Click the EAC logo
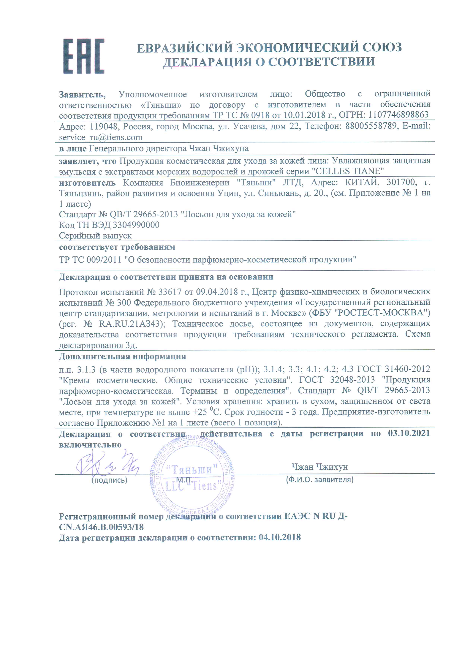tap(84, 56)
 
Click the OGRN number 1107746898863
tap(398, 115)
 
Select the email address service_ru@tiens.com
tap(101, 137)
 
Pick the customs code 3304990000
tap(136, 225)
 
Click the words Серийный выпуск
tap(95, 236)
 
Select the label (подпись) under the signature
tap(109, 480)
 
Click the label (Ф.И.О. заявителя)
tap(319, 479)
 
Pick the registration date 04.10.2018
tap(279, 538)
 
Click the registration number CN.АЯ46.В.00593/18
tap(101, 527)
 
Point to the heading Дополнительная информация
tap(122, 356)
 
